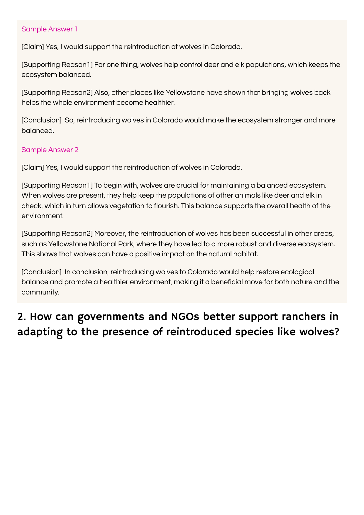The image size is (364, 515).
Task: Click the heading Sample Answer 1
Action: pyautogui.click(x=50, y=29)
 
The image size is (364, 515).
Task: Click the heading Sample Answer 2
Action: pyautogui.click(x=50, y=150)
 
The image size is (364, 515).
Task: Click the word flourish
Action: pyautogui.click(x=166, y=206)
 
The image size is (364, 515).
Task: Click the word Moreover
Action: pyautogui.click(x=110, y=234)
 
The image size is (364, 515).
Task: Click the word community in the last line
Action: pyautogui.click(x=40, y=292)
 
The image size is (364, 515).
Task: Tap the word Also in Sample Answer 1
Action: pyautogui.click(x=101, y=92)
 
